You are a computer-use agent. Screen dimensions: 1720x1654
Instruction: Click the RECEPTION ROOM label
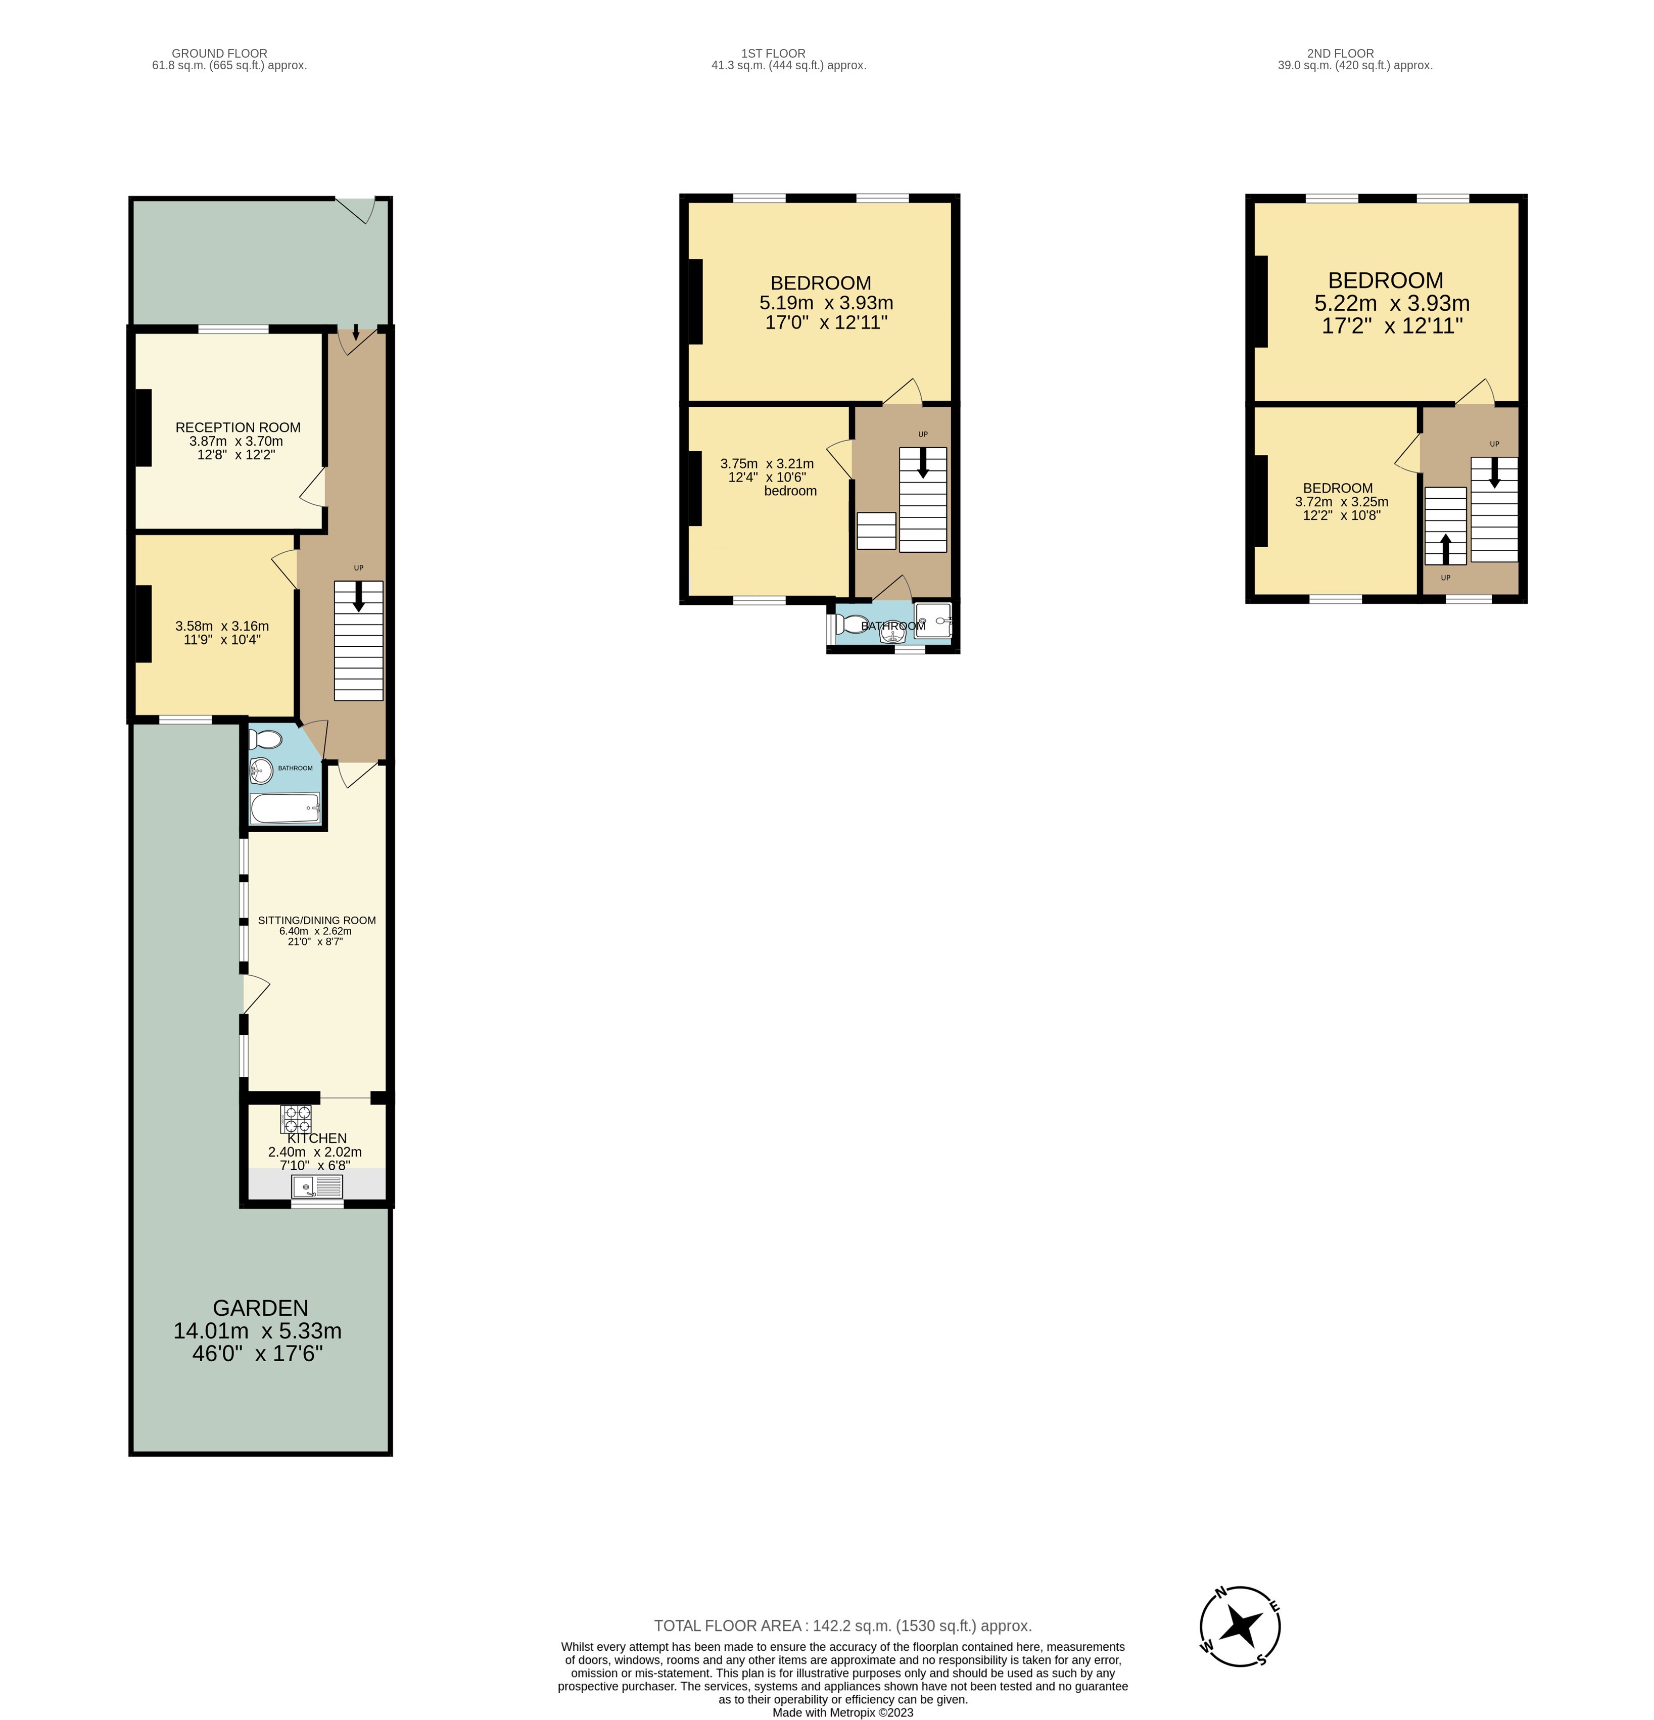[238, 427]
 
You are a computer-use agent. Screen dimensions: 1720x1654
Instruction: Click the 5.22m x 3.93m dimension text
[1392, 304]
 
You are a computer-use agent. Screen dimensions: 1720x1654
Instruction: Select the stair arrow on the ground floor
[358, 598]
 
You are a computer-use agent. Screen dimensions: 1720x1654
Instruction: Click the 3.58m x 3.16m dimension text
[222, 626]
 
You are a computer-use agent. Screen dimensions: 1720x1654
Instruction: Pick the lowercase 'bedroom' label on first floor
[790, 491]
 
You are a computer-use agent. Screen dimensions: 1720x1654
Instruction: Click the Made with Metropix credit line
[842, 1712]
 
